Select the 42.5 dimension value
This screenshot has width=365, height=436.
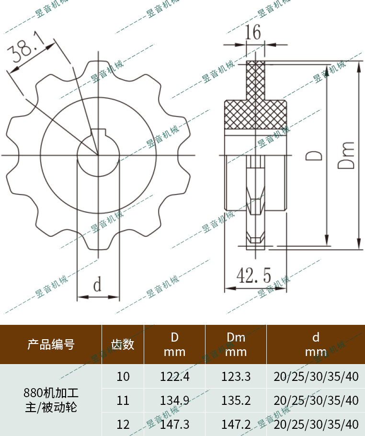pos(254,276)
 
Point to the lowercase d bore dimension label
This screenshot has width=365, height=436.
pos(97,286)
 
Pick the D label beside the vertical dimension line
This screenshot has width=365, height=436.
pos(314,155)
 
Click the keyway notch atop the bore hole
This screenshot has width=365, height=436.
pos(98,133)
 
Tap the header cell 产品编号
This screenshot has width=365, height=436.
pos(51,344)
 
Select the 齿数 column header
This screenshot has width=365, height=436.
pos(123,344)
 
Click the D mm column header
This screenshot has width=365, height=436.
pos(174,344)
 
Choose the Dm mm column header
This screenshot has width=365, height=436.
pos(236,344)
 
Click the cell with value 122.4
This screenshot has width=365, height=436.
pos(174,377)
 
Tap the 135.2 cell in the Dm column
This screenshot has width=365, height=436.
pos(236,400)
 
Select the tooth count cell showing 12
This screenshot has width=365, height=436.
pos(123,424)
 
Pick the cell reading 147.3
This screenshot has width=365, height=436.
pos(174,424)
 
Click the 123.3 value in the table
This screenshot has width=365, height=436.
pos(236,377)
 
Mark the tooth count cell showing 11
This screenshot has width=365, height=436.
pos(123,400)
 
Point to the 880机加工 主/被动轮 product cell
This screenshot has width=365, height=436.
pos(51,401)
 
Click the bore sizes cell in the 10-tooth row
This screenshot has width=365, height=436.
pos(316,377)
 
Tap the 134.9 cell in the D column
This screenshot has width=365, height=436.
pos(174,400)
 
